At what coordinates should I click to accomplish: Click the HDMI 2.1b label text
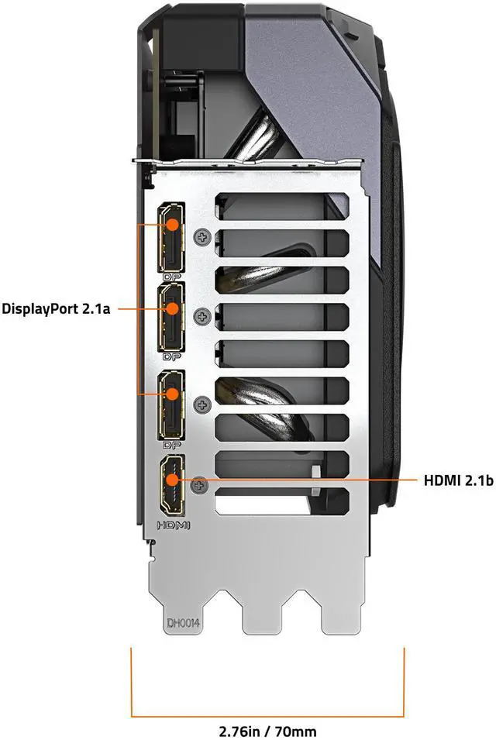(x=458, y=481)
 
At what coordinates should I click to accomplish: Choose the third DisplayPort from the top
(x=170, y=404)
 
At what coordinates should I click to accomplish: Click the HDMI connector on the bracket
(x=171, y=486)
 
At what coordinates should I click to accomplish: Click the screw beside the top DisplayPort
(x=204, y=236)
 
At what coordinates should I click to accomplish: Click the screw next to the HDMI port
(x=201, y=485)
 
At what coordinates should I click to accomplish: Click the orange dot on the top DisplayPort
(x=172, y=224)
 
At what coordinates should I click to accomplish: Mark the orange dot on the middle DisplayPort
(x=172, y=308)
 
